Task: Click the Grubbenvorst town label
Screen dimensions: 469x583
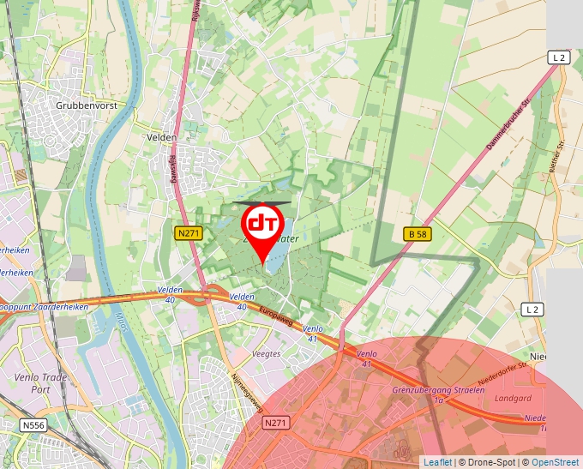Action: coord(85,105)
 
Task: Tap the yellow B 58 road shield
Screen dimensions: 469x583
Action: coord(416,233)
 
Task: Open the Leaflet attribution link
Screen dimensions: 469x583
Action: coord(437,462)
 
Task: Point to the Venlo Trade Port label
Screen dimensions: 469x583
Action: coord(35,382)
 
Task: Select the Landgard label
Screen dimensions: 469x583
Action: coord(514,397)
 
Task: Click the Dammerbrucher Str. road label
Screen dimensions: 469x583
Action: coord(509,123)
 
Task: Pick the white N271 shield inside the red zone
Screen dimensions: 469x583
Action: coord(275,423)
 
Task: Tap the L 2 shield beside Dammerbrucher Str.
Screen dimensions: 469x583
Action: coord(559,57)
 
